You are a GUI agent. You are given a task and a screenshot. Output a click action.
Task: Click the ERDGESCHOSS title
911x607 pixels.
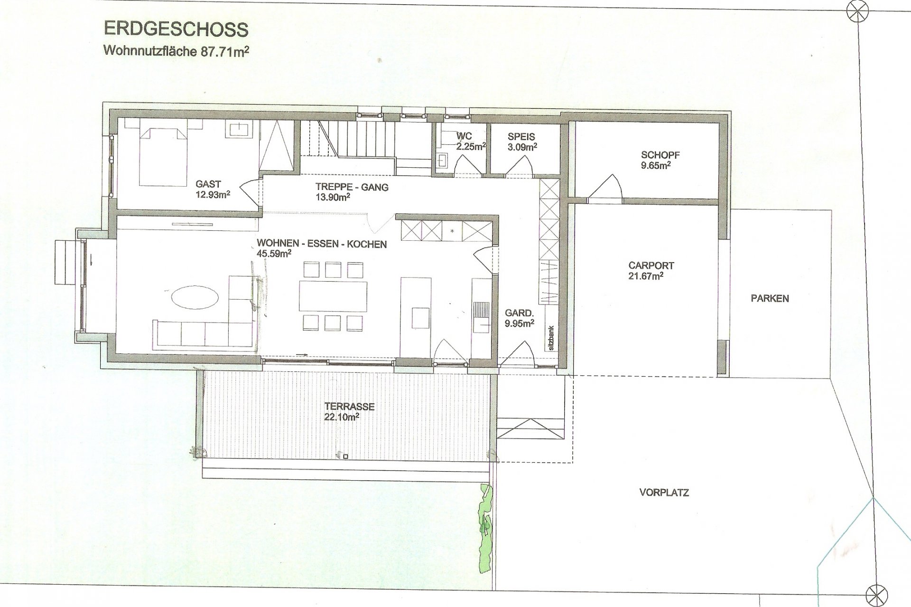tap(176, 29)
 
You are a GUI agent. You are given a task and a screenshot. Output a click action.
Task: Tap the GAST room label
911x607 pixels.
tap(208, 184)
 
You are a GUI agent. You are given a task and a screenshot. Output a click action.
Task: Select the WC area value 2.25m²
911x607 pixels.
tap(471, 146)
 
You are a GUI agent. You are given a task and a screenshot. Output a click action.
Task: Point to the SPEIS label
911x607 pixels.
tap(521, 137)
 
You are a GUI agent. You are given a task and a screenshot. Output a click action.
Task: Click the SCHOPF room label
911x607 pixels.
tap(660, 155)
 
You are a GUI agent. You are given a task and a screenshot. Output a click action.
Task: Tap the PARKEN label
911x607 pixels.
tap(770, 298)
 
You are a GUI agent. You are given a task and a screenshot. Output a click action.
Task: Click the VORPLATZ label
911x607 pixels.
tap(664, 493)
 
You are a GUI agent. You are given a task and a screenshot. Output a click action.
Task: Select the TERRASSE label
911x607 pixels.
tap(350, 407)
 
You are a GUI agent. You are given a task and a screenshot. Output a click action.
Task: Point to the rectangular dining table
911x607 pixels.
tap(333, 296)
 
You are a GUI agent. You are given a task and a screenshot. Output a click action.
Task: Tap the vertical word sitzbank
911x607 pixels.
tap(551, 338)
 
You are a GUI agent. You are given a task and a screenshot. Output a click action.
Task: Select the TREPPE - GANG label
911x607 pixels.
tap(352, 187)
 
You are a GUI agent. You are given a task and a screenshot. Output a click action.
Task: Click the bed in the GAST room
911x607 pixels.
tap(162, 151)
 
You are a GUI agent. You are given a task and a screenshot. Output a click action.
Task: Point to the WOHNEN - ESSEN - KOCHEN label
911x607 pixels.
tap(322, 244)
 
